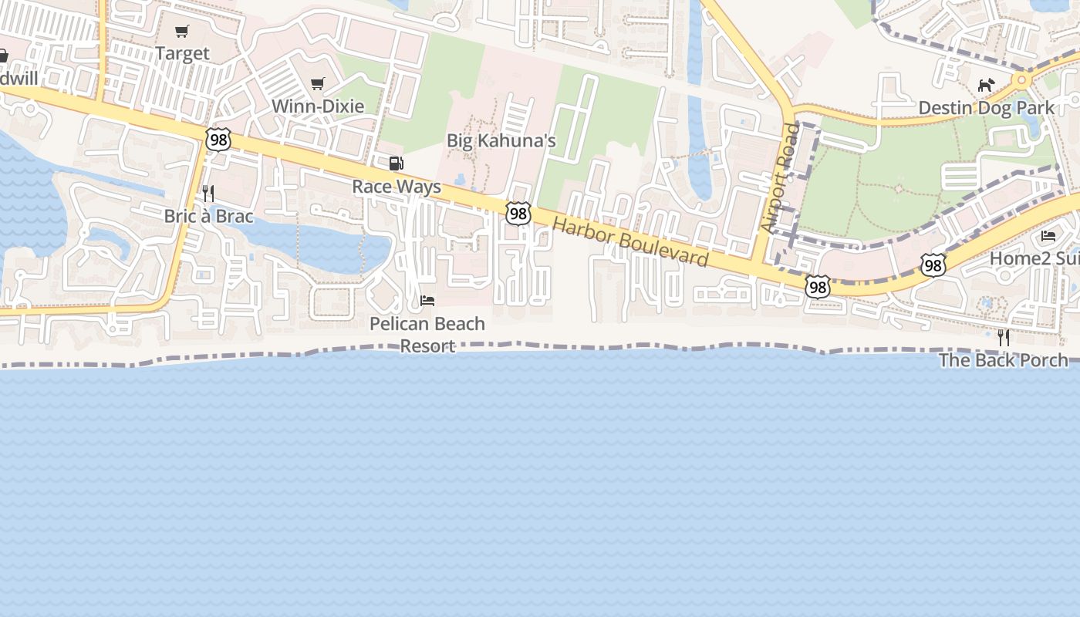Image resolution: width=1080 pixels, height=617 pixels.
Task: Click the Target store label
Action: click(182, 53)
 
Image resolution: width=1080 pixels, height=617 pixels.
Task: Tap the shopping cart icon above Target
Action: click(182, 32)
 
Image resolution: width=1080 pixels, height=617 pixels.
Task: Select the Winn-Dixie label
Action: click(318, 106)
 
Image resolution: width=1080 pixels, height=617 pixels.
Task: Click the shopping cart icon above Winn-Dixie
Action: click(318, 83)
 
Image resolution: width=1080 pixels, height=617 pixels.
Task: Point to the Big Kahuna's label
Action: click(501, 140)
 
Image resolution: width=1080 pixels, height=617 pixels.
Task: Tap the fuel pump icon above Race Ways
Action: click(397, 164)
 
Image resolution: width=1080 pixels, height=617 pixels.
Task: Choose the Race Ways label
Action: click(397, 187)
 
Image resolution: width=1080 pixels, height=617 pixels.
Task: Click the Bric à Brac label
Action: click(208, 216)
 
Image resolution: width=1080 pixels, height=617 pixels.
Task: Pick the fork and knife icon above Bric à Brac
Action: click(208, 193)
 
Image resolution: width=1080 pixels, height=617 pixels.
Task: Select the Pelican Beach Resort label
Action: click(427, 334)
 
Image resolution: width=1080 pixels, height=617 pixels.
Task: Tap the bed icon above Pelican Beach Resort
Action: click(427, 300)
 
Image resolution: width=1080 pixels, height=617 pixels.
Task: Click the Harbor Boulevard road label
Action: click(631, 242)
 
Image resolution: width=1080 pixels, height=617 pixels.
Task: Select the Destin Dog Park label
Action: click(986, 108)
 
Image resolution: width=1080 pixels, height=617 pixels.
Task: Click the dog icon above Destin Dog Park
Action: click(986, 85)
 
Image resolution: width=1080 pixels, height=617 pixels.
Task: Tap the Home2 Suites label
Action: click(1034, 258)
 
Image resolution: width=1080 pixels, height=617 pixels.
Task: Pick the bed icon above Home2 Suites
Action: click(1048, 235)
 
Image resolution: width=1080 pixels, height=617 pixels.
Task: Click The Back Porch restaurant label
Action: click(1003, 360)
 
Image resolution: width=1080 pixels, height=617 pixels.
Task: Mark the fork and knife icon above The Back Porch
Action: click(1003, 337)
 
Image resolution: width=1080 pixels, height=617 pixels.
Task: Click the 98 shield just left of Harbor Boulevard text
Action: click(518, 214)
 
